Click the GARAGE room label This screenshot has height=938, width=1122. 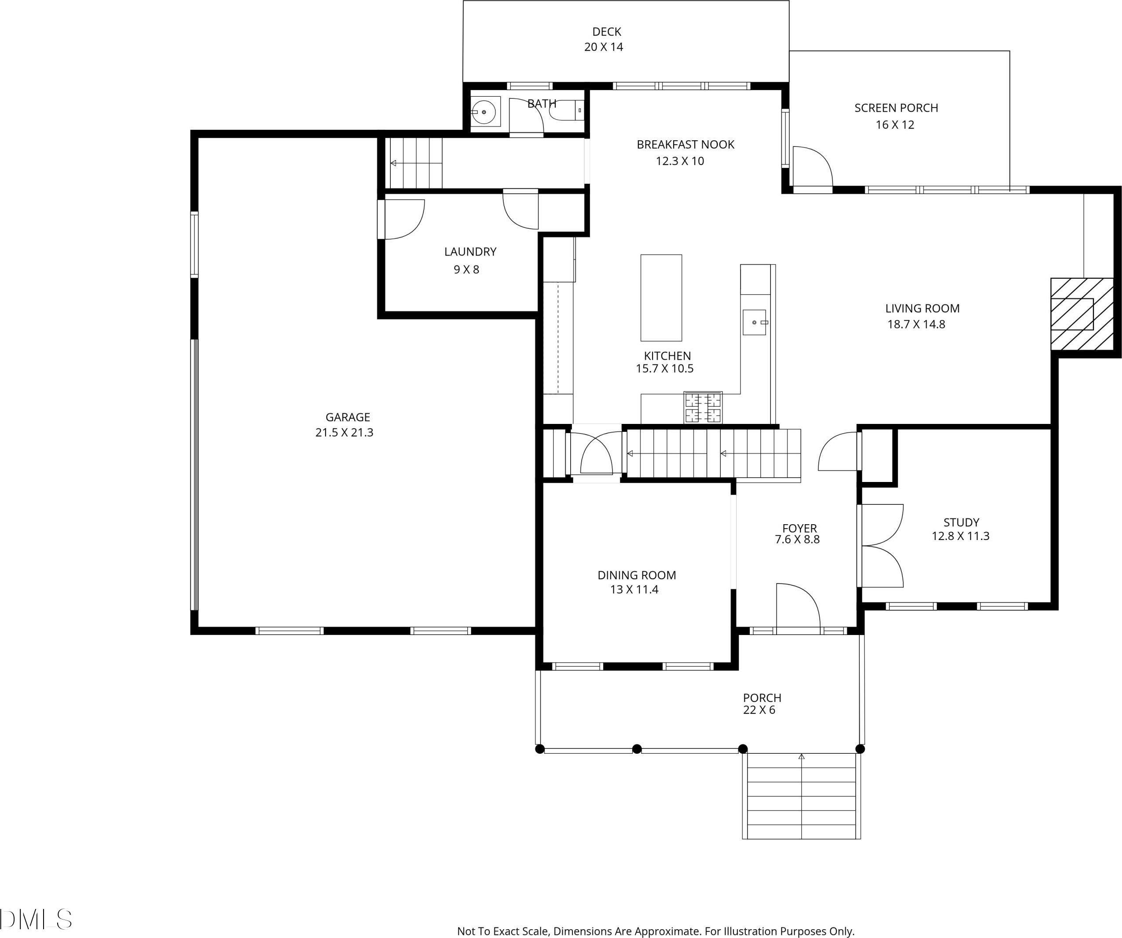[x=348, y=417]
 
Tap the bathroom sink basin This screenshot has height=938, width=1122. [x=484, y=112]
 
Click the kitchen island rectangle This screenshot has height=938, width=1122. [x=661, y=297]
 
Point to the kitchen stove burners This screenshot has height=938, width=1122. [x=703, y=407]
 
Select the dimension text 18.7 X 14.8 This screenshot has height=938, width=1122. [x=916, y=324]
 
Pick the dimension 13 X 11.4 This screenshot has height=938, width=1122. [x=634, y=589]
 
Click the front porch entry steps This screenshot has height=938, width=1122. [x=801, y=796]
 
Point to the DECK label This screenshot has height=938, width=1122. [x=607, y=32]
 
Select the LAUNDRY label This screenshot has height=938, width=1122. [x=470, y=252]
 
